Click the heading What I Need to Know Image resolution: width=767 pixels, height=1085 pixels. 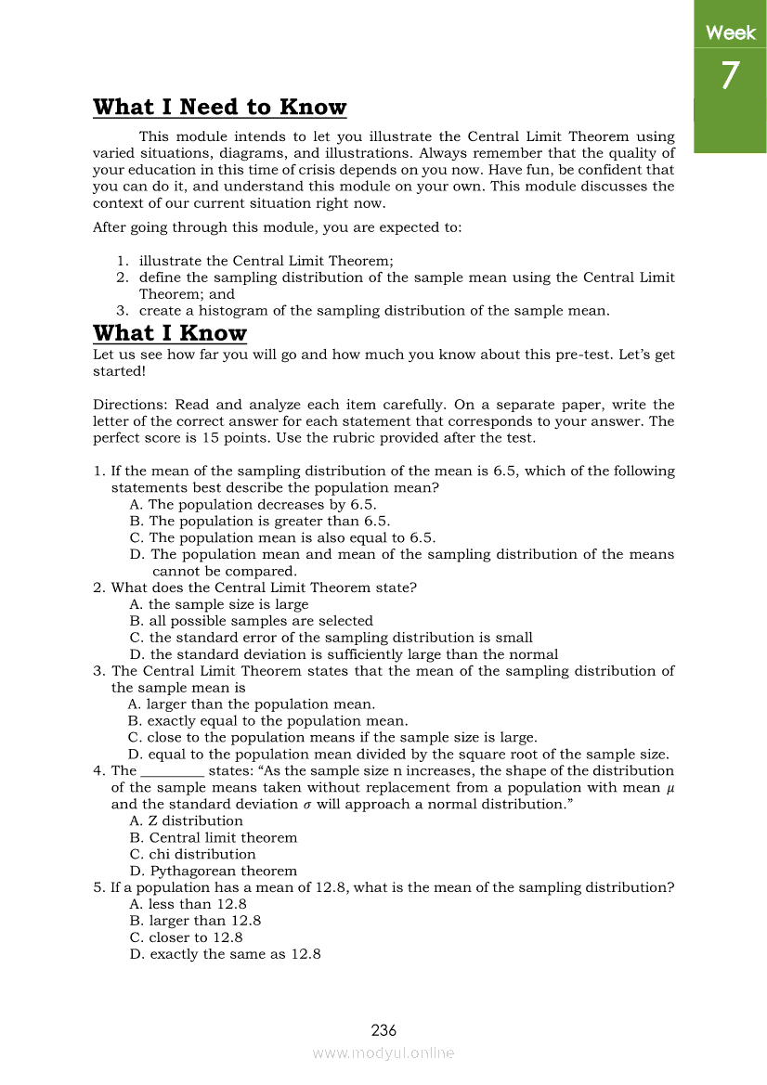[219, 108]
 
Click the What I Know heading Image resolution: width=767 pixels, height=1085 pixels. [170, 333]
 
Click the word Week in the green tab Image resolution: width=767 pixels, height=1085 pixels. [731, 33]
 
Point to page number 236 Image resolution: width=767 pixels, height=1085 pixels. [383, 1030]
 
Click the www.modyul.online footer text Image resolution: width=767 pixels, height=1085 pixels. [383, 1053]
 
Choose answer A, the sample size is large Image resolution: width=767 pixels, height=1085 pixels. [219, 604]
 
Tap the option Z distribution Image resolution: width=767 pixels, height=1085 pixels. [187, 820]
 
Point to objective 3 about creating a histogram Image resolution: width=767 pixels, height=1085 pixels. [373, 311]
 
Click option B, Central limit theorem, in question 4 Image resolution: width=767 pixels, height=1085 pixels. [214, 837]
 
